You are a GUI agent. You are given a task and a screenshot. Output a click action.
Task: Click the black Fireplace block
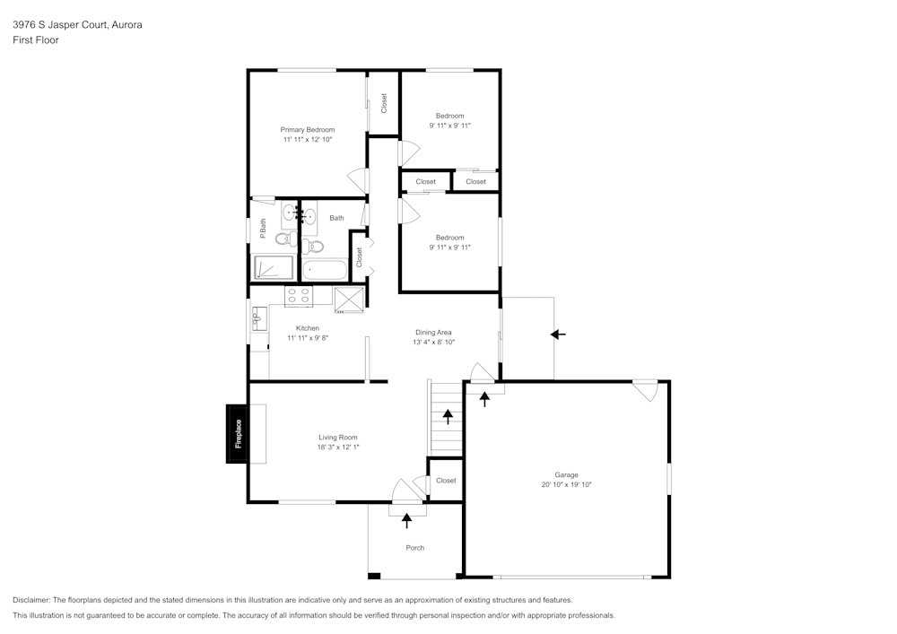pos(239,434)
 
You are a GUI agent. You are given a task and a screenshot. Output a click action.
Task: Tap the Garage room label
pos(566,475)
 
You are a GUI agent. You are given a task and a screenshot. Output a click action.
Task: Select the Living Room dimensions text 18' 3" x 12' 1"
pos(337,447)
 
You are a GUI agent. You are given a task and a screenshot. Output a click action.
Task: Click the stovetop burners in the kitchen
pos(298,297)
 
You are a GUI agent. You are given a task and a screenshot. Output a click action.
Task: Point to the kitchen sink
pos(258,318)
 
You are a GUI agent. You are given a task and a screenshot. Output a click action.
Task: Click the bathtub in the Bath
pos(325,269)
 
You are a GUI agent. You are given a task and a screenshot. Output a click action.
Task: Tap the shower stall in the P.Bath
pos(274,268)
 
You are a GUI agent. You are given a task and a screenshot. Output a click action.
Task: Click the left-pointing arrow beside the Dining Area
pos(558,334)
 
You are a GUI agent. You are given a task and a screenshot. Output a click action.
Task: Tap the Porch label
pos(414,548)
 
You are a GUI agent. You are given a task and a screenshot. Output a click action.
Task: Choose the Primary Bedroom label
pos(307,130)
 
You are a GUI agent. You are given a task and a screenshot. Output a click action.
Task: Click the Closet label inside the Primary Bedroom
pos(384,103)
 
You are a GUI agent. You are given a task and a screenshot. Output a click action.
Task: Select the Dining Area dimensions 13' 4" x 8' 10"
pos(433,342)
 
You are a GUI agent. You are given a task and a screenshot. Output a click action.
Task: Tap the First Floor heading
pos(36,40)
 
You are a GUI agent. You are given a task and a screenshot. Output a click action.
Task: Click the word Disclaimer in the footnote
pos(32,600)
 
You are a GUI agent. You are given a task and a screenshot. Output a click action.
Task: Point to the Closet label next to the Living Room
pos(446,481)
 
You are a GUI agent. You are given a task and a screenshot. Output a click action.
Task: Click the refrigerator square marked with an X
pos(348,299)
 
